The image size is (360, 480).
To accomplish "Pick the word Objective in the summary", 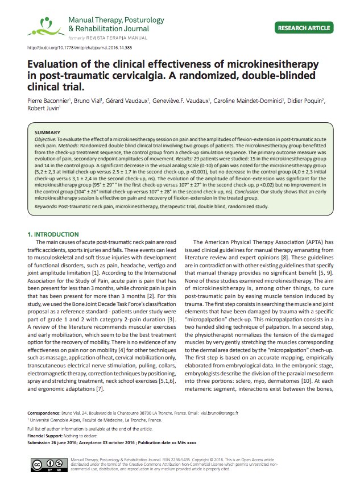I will click(x=47, y=139).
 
